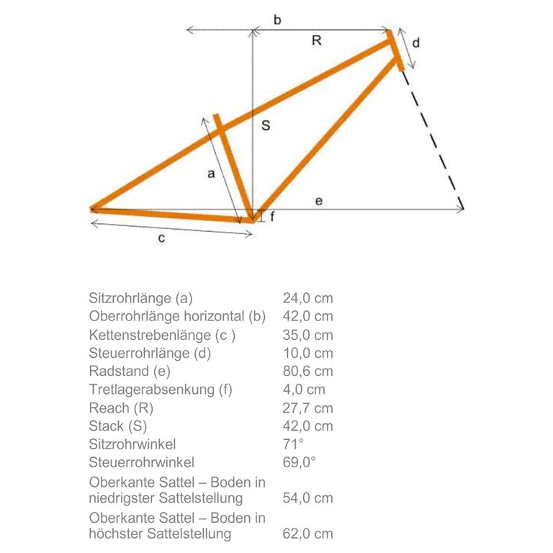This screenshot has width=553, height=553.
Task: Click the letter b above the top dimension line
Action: tap(277, 19)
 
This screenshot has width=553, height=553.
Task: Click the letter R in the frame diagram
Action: tap(316, 41)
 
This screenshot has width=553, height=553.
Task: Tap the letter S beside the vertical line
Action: tap(266, 126)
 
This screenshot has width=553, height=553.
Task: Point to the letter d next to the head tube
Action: tap(415, 43)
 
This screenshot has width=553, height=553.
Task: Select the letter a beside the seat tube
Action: tap(210, 174)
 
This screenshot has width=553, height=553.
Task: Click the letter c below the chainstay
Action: tap(162, 238)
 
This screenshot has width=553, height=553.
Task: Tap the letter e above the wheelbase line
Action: tap(318, 201)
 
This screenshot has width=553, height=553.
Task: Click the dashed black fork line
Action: tap(432, 137)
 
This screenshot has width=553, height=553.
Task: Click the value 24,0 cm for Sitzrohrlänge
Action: tap(307, 298)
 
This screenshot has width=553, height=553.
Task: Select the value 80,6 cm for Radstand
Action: tap(307, 372)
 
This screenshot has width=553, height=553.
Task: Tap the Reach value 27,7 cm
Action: tap(307, 408)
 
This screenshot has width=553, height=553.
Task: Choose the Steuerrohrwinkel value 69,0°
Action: tap(300, 462)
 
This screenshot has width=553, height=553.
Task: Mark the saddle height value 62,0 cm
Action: tap(307, 534)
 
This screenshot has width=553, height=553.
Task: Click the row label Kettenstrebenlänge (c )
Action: tap(162, 335)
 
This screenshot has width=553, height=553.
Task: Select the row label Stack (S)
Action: tap(118, 426)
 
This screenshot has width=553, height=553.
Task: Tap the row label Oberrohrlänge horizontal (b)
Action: tap(177, 316)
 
